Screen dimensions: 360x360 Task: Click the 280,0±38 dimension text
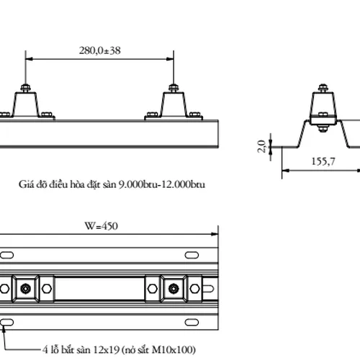pos(100,50)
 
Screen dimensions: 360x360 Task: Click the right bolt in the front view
pos(173,89)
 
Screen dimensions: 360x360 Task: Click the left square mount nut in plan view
pos(26,289)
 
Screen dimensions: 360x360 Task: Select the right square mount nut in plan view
pos(174,289)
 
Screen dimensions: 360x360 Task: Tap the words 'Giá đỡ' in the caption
pos(31,185)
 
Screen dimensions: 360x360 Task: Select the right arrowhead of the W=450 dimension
pos(214,233)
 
